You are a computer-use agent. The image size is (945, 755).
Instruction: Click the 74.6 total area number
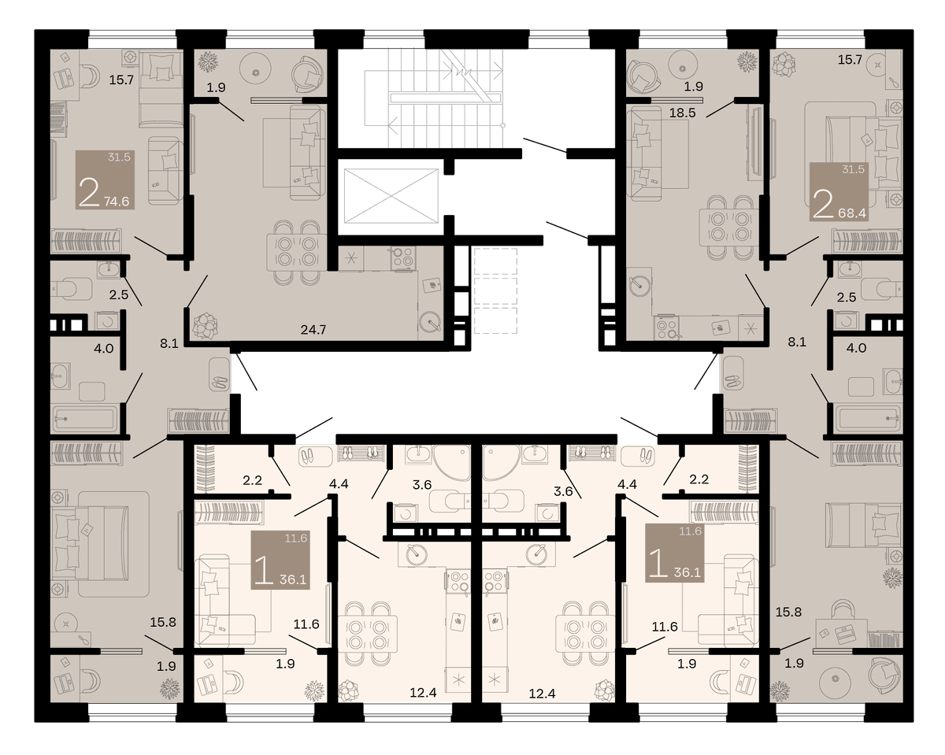coord(117,202)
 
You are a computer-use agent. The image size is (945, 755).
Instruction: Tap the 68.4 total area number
coord(852,213)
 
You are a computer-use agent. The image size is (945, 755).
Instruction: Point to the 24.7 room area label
coord(313,330)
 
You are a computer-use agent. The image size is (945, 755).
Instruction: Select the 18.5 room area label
coord(683,113)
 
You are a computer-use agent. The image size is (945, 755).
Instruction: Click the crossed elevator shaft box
coord(391,196)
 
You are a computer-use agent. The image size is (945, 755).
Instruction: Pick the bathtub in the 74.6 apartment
coord(86,419)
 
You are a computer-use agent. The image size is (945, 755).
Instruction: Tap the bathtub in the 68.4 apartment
coord(868,419)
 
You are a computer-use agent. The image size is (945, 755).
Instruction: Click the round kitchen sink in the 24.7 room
coord(430,323)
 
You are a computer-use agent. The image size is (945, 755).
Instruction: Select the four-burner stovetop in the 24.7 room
coord(403,257)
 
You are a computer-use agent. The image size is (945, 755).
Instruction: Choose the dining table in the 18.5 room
coord(729,227)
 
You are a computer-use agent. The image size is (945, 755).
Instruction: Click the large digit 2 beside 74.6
coord(89,193)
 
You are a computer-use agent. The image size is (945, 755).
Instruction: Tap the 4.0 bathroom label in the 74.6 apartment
coord(104,349)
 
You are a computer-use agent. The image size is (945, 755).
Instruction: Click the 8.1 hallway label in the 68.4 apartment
coord(797,342)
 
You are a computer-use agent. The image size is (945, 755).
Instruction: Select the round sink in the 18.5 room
coord(639,286)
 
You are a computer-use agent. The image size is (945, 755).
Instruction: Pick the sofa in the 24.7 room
coord(307,153)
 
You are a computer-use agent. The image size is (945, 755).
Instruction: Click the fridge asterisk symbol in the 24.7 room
coord(351,257)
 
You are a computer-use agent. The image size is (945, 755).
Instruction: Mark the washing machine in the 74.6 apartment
coord(107,321)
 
